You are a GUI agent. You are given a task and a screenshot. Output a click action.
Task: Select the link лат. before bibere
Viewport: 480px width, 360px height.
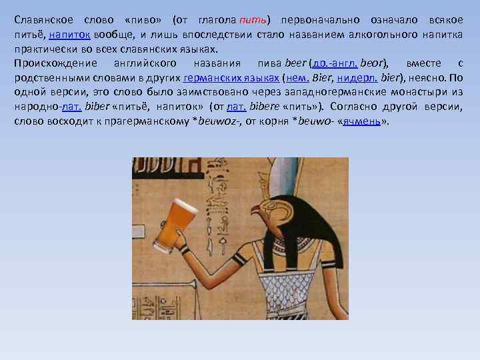tap(237, 107)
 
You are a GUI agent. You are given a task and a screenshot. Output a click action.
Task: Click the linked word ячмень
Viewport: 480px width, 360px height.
tap(361, 122)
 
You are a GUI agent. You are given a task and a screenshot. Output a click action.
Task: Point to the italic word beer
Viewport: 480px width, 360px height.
tap(295, 63)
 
